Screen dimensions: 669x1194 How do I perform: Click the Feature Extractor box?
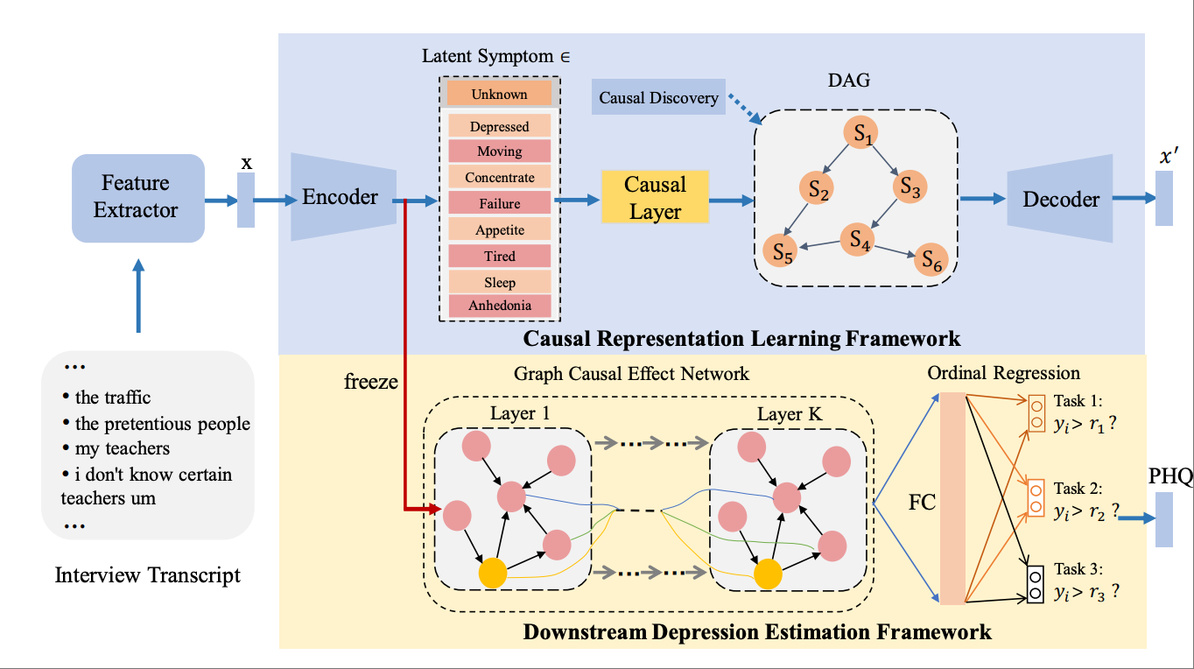(x=137, y=197)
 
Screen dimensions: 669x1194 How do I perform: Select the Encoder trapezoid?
(x=342, y=197)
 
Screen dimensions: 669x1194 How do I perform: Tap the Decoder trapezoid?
(x=1060, y=199)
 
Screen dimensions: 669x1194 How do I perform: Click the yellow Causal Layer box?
(x=655, y=197)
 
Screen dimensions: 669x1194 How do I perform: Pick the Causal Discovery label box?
(x=658, y=97)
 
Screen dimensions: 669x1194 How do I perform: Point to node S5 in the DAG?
(x=781, y=251)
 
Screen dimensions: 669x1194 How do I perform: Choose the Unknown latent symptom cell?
(x=499, y=94)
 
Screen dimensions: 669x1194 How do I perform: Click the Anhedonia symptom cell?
(x=499, y=306)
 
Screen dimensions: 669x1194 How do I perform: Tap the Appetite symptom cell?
(x=499, y=229)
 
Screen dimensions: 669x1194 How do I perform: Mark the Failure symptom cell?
(x=499, y=203)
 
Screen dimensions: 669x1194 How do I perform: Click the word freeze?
(x=370, y=382)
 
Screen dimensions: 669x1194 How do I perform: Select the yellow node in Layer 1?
(x=494, y=574)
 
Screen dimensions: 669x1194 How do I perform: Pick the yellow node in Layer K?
(x=768, y=574)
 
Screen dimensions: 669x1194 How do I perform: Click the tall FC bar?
(x=952, y=499)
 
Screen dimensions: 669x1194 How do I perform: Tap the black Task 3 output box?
(x=1035, y=586)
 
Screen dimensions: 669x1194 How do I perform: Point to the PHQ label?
(x=1169, y=477)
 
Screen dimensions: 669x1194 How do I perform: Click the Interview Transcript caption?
(x=147, y=575)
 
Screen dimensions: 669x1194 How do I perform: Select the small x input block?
(x=246, y=200)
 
